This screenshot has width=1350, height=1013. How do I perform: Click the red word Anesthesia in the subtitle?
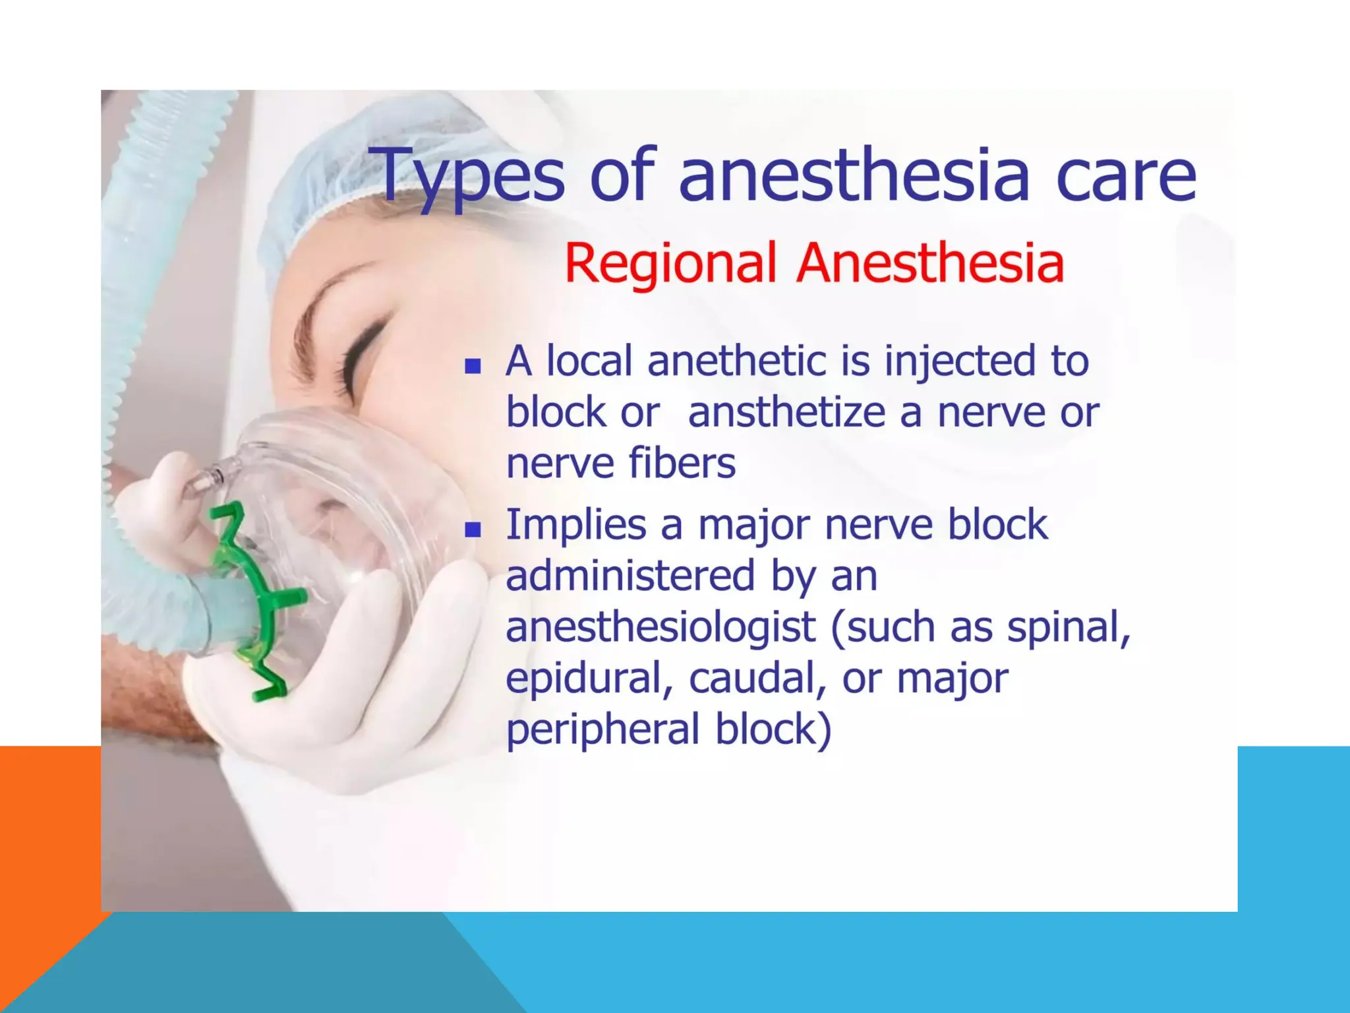tap(930, 264)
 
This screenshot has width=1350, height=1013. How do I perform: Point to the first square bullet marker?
tap(472, 366)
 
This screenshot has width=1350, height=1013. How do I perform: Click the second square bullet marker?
tap(472, 530)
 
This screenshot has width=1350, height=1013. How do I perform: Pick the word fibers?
tap(682, 463)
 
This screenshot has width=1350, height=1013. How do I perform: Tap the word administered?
tap(630, 576)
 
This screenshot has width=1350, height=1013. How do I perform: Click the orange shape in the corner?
tap(40, 857)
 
